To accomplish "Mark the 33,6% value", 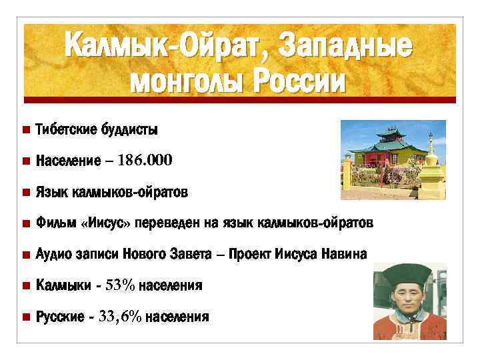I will [120, 317].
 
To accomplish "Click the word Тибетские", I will [66, 129].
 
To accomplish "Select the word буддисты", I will [129, 129].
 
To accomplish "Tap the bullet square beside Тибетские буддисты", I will [25, 129].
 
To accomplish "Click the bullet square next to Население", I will [25, 161].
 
